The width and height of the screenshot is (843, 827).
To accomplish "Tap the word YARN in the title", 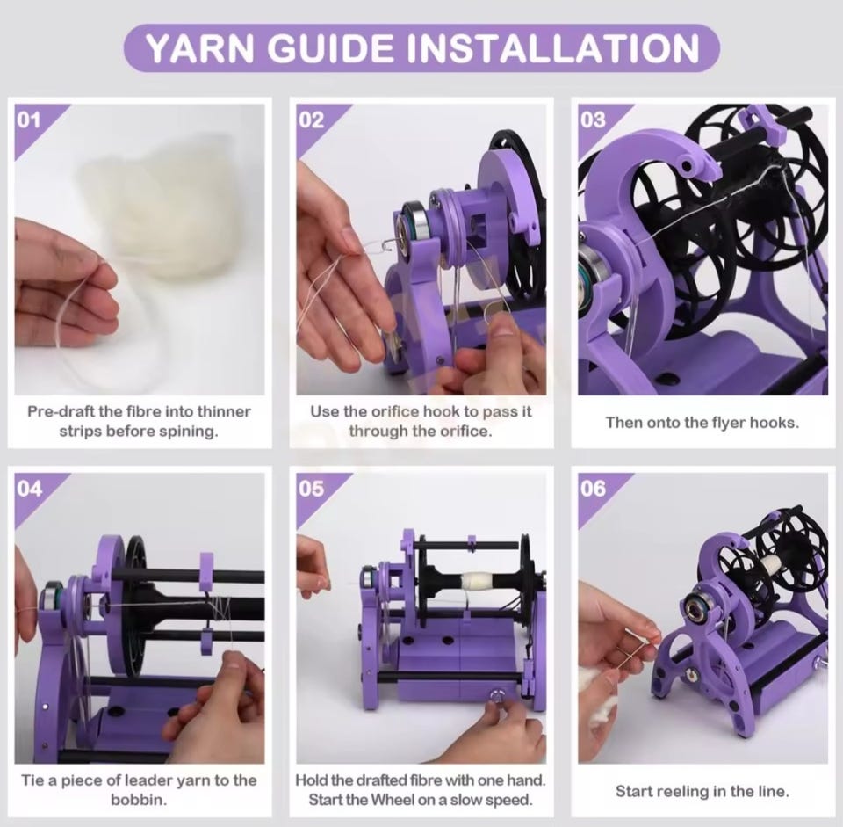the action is click(199, 47).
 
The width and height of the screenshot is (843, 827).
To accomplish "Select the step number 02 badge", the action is click(311, 120).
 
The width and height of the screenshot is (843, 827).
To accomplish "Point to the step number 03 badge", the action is click(593, 120).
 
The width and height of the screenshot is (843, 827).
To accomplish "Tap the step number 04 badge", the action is click(29, 489).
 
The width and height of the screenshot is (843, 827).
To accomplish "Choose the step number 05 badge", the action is click(311, 489).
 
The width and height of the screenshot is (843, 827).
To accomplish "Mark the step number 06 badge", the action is click(593, 489).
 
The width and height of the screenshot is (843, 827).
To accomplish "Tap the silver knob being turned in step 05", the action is click(494, 696).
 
